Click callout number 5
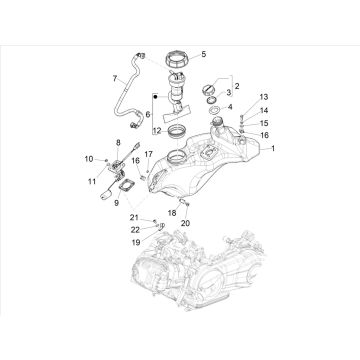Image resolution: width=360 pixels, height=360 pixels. (x=203, y=53)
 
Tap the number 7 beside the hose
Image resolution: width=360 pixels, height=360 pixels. (x=114, y=76)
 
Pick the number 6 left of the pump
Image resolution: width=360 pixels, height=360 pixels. (x=146, y=115)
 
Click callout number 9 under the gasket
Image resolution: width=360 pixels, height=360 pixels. (x=118, y=200)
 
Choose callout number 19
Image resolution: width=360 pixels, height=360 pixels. (x=135, y=241)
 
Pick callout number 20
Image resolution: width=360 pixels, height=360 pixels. (x=184, y=222)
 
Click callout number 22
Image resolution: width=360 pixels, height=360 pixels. (x=135, y=229)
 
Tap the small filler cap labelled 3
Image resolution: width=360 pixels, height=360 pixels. (x=210, y=94)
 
